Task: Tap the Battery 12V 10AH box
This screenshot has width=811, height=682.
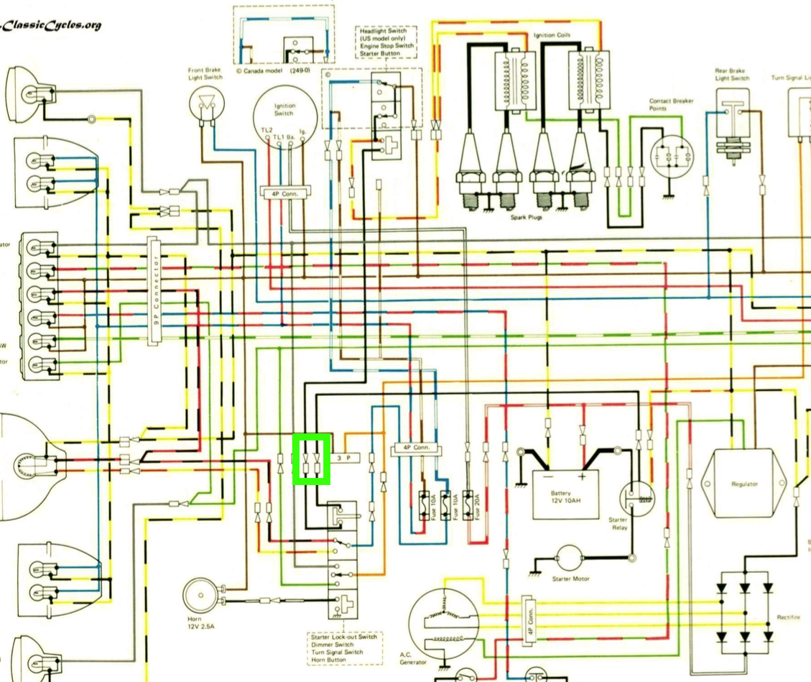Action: [x=565, y=493]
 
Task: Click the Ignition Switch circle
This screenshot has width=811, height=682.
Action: [x=284, y=117]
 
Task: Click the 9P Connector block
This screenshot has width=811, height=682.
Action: [x=154, y=290]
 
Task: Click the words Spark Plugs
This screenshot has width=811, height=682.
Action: [x=526, y=216]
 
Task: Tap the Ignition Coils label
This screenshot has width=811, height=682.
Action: [x=552, y=34]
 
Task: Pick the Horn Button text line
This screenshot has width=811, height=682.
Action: [x=327, y=660]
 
